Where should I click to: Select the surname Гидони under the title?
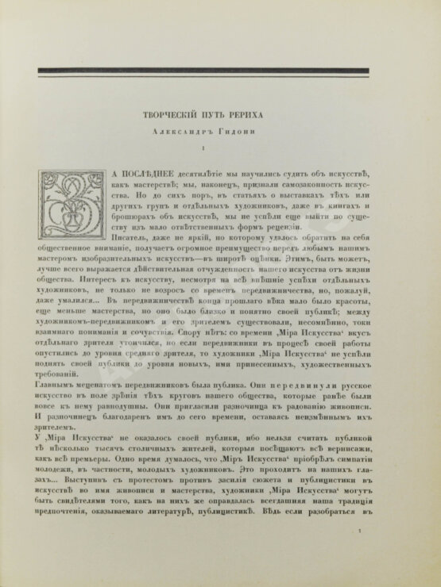[x=255, y=132]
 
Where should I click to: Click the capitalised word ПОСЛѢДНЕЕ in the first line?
[x=154, y=173]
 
